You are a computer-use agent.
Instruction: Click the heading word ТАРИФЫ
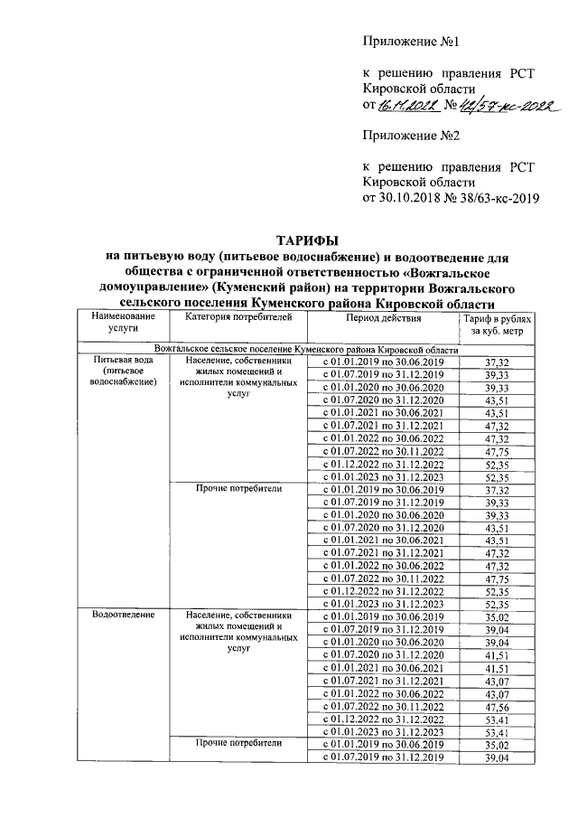pyautogui.click(x=307, y=240)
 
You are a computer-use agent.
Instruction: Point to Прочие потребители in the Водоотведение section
pyautogui.click(x=239, y=743)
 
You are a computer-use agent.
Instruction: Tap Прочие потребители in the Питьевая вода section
pyautogui.click(x=239, y=488)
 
